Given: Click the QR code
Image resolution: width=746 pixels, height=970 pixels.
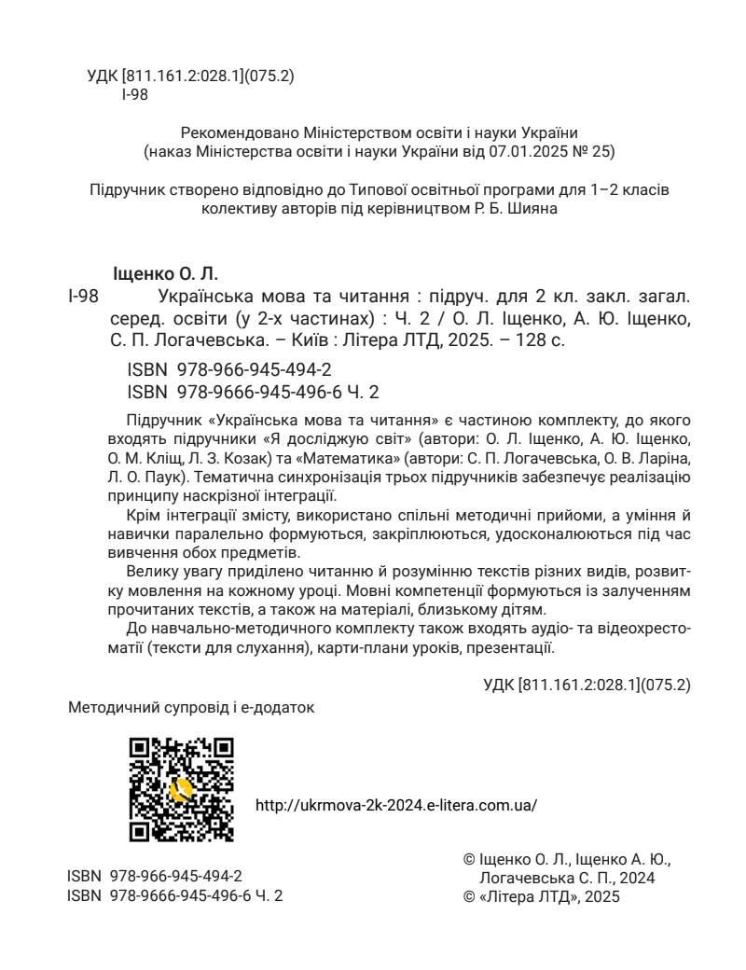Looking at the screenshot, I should pos(181,789).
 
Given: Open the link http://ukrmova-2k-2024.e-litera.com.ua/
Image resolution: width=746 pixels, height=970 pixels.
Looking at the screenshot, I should pos(395,804).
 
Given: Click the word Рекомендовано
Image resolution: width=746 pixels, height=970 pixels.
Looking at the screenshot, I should pos(230,132).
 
